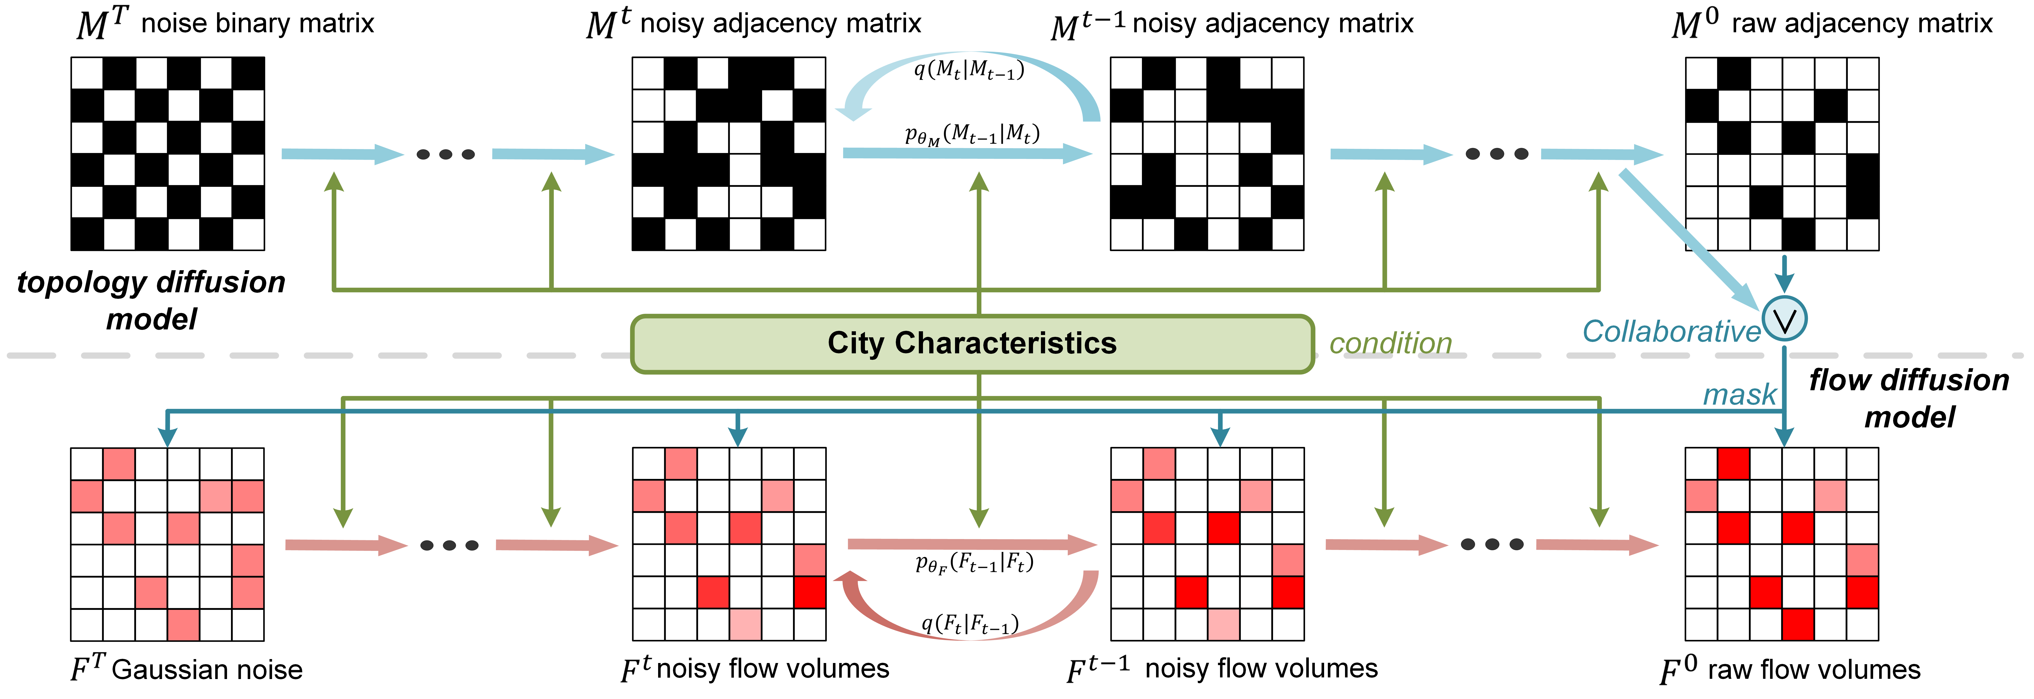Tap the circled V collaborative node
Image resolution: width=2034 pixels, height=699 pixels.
(x=1784, y=319)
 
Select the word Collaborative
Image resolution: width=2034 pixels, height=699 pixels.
(x=1671, y=332)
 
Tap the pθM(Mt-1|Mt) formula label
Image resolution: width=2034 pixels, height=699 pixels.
(x=971, y=134)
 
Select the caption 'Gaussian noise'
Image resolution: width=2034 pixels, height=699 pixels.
(x=207, y=670)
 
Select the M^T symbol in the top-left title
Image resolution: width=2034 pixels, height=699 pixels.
(x=103, y=24)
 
